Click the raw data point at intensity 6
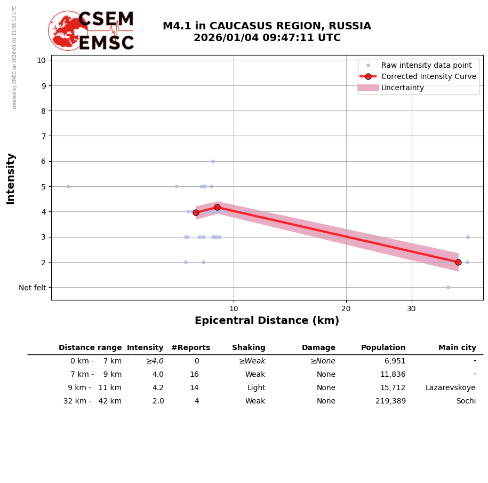213,161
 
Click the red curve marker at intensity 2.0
458,262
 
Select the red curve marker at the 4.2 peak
217,207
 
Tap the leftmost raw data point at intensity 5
68,186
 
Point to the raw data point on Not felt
448,287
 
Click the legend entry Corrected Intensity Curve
428,76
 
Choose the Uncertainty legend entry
402,88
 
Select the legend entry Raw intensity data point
426,65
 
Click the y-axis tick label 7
41,136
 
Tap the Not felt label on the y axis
33,288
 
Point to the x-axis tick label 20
346,309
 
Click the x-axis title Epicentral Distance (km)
267,321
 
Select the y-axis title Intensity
11,178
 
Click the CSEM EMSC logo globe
68,30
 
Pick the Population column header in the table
383,348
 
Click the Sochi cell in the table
466,401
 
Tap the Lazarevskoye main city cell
450,388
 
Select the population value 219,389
390,401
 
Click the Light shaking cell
256,388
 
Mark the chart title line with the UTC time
267,38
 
